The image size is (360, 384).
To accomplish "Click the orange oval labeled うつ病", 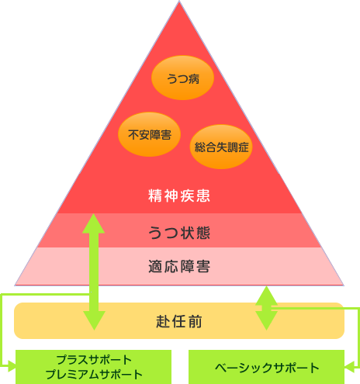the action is coord(182,78).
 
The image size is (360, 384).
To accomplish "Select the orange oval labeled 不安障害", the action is coord(149,134).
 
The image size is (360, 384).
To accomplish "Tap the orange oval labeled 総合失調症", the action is coord(221,147).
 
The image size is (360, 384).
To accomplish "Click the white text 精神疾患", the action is coord(179,195).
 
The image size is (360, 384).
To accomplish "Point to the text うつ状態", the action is coord(179,233).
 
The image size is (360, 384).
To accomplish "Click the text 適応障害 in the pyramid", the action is coord(179,266).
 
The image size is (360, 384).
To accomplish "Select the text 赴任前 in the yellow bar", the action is coord(179,322).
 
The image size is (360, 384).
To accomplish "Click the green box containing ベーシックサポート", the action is coord(266,367).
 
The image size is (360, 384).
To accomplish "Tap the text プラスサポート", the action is coord(94,360).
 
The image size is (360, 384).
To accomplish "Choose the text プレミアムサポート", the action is coord(94,374).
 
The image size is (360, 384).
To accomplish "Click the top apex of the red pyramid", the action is coord(179,1).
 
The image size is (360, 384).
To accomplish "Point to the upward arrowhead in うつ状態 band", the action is coord(94,223).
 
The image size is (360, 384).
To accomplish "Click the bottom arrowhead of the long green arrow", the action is coord(94,320).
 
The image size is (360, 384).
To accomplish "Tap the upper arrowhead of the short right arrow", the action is coord(266,296).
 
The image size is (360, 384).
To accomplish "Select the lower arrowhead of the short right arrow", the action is coord(266,320).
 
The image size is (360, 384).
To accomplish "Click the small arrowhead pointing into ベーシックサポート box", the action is coord(349,367).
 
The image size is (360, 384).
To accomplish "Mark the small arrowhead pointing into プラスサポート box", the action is coord(12,366).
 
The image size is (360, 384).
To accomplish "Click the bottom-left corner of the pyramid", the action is coord(15,285).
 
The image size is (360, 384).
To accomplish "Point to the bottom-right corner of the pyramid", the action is coord(344,285).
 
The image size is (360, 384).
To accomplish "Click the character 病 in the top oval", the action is coord(194,79).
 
